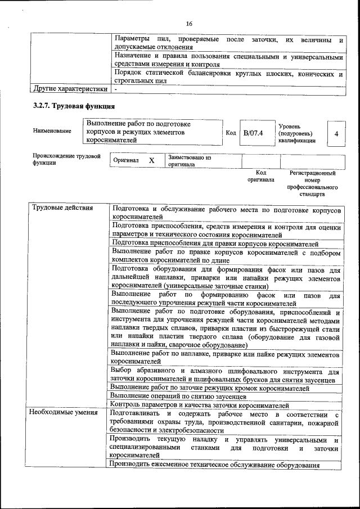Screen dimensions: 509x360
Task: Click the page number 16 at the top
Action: pos(188,23)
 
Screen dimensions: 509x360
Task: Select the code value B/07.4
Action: pos(253,134)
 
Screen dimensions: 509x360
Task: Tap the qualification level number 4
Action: pos(336,134)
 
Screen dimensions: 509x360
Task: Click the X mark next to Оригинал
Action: pos(151,160)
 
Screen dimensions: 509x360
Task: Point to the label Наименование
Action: pos(52,131)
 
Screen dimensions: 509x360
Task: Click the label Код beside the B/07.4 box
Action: pos(231,134)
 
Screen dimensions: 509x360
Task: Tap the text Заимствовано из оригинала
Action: pos(188,161)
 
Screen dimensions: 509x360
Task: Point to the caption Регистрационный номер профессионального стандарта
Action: pos(312,184)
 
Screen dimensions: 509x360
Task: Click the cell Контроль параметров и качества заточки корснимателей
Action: pos(200,404)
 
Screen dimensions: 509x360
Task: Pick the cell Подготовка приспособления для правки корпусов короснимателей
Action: pos(215,244)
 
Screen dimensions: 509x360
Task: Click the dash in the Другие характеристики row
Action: pos(115,89)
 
